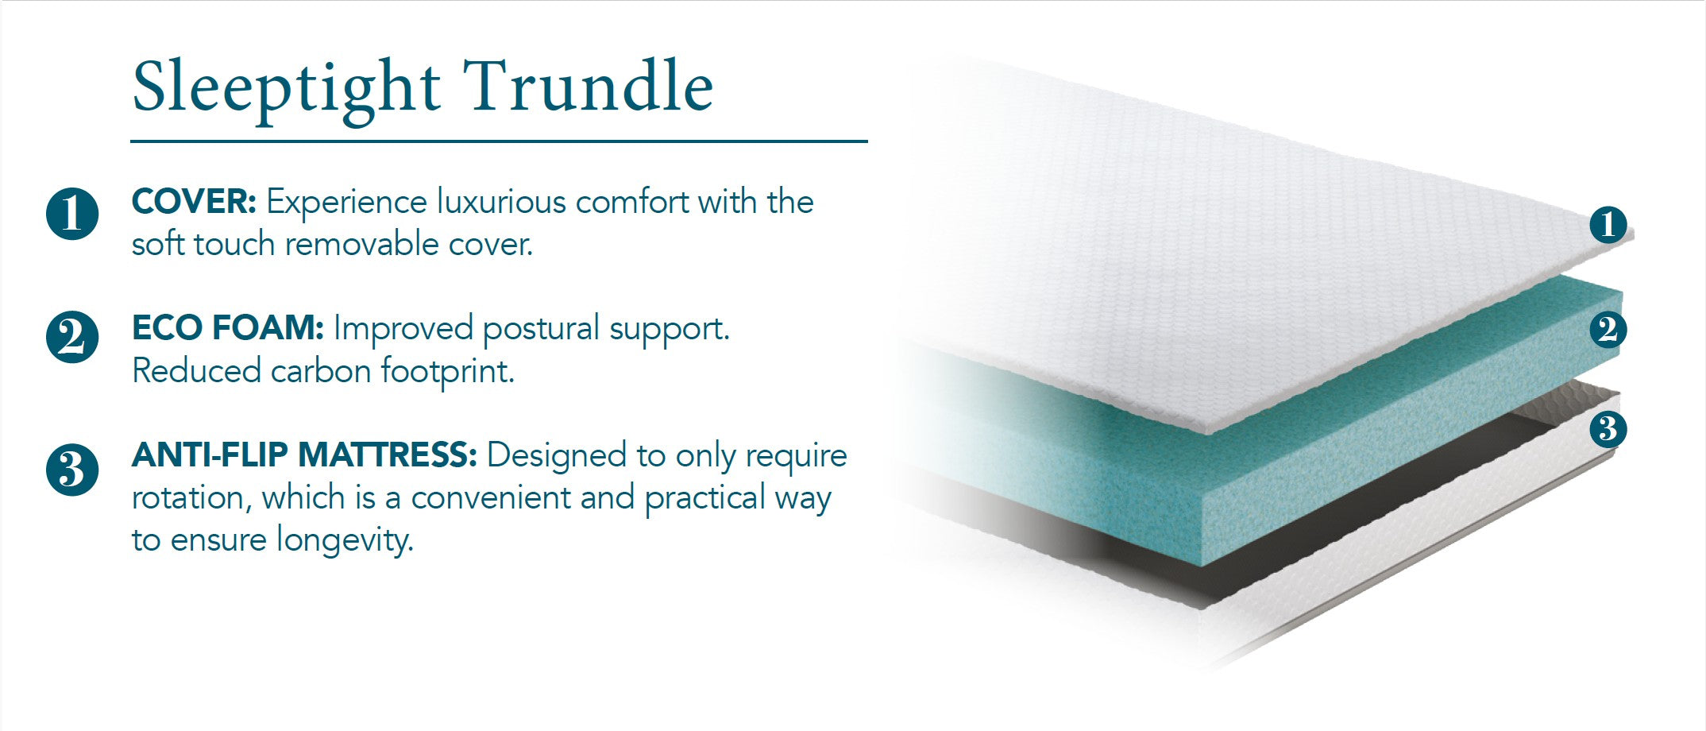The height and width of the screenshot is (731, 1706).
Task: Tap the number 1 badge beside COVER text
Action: pos(72,214)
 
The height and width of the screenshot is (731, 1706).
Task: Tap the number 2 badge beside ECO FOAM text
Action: pos(72,338)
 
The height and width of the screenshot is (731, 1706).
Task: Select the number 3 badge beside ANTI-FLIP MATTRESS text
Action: pos(72,470)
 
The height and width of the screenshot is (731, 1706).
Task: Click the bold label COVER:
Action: pos(194,202)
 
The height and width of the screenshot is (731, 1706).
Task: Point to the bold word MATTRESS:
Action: pos(387,455)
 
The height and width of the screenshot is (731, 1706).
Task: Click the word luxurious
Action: pos(501,203)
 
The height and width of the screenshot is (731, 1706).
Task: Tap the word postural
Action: pos(540,329)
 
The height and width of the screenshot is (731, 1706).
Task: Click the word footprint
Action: pos(447,371)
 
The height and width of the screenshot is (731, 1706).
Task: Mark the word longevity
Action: pos(345,540)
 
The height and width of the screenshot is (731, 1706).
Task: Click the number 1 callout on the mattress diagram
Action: pos(1608,224)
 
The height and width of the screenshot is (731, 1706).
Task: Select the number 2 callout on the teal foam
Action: pos(1608,329)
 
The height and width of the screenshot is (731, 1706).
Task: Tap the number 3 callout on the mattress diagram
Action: pos(1608,429)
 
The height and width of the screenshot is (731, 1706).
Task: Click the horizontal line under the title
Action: pos(499,142)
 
